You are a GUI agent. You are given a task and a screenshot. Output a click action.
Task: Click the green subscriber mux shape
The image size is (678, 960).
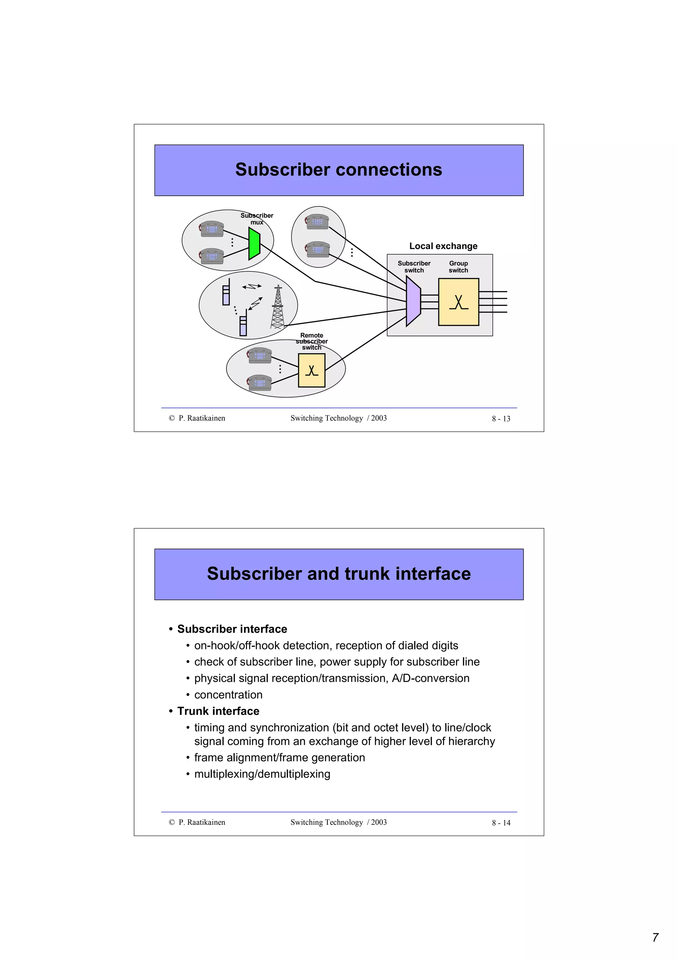coord(254,243)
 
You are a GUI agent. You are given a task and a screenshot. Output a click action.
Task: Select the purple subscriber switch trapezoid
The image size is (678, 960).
coord(413,301)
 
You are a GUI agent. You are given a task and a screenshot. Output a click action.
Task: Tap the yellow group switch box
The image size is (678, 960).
coord(458,301)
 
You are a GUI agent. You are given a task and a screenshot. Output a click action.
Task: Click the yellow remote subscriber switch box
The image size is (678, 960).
coord(311,370)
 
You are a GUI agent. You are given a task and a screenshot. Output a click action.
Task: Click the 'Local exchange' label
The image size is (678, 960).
coord(443,246)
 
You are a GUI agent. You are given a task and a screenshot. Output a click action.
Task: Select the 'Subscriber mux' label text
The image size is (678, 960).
coord(257,219)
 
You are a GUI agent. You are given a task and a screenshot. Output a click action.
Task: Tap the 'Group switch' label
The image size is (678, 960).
coord(458,266)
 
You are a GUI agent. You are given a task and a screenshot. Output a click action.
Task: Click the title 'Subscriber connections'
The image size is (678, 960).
coord(338,169)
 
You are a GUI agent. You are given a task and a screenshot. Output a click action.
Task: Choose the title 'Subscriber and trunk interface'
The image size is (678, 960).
coord(338,574)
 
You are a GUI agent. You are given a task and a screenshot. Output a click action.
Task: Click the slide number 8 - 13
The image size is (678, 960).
coord(501,418)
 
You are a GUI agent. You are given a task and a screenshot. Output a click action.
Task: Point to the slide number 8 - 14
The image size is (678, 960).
coord(501,823)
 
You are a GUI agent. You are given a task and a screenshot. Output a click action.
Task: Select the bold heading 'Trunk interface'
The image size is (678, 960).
coord(218,711)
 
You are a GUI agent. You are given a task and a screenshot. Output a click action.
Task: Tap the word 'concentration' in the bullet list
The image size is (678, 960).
coord(228,695)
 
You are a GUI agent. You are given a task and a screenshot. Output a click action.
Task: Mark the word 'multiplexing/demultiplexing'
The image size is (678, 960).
coord(262,774)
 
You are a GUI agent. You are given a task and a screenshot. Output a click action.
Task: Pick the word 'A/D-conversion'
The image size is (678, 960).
coord(430,678)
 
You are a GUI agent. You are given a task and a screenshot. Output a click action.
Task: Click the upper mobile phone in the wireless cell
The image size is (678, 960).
coord(226,293)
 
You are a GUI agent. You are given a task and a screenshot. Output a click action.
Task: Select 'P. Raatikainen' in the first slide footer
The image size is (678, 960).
coord(202,418)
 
